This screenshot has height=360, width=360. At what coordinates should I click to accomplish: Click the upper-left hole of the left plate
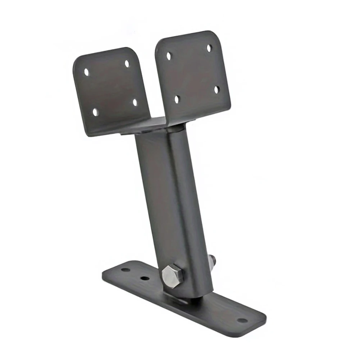(86, 72)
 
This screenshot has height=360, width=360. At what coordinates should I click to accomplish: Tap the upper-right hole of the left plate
(127, 64)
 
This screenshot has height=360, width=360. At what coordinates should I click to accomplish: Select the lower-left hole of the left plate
(95, 112)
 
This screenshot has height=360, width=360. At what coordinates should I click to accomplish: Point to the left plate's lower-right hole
(135, 102)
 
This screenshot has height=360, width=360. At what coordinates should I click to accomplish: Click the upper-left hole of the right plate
(169, 56)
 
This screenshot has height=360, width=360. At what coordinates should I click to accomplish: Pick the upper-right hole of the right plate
(209, 48)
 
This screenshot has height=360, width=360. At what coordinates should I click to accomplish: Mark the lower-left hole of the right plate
(177, 99)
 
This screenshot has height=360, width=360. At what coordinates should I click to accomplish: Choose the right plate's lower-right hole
(217, 90)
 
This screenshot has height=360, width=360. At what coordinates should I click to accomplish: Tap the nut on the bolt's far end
(212, 260)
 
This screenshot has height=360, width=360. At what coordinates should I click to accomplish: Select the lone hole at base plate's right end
(242, 320)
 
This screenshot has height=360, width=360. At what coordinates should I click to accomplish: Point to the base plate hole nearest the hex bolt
(145, 278)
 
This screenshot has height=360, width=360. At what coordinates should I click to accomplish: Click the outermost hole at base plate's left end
(125, 269)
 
